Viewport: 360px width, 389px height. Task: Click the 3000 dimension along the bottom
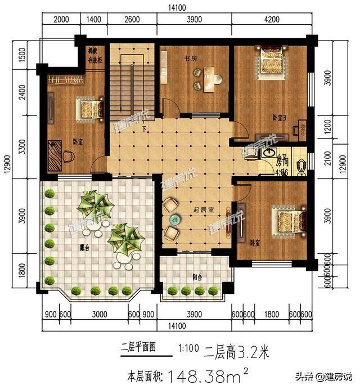click(x=100, y=314)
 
